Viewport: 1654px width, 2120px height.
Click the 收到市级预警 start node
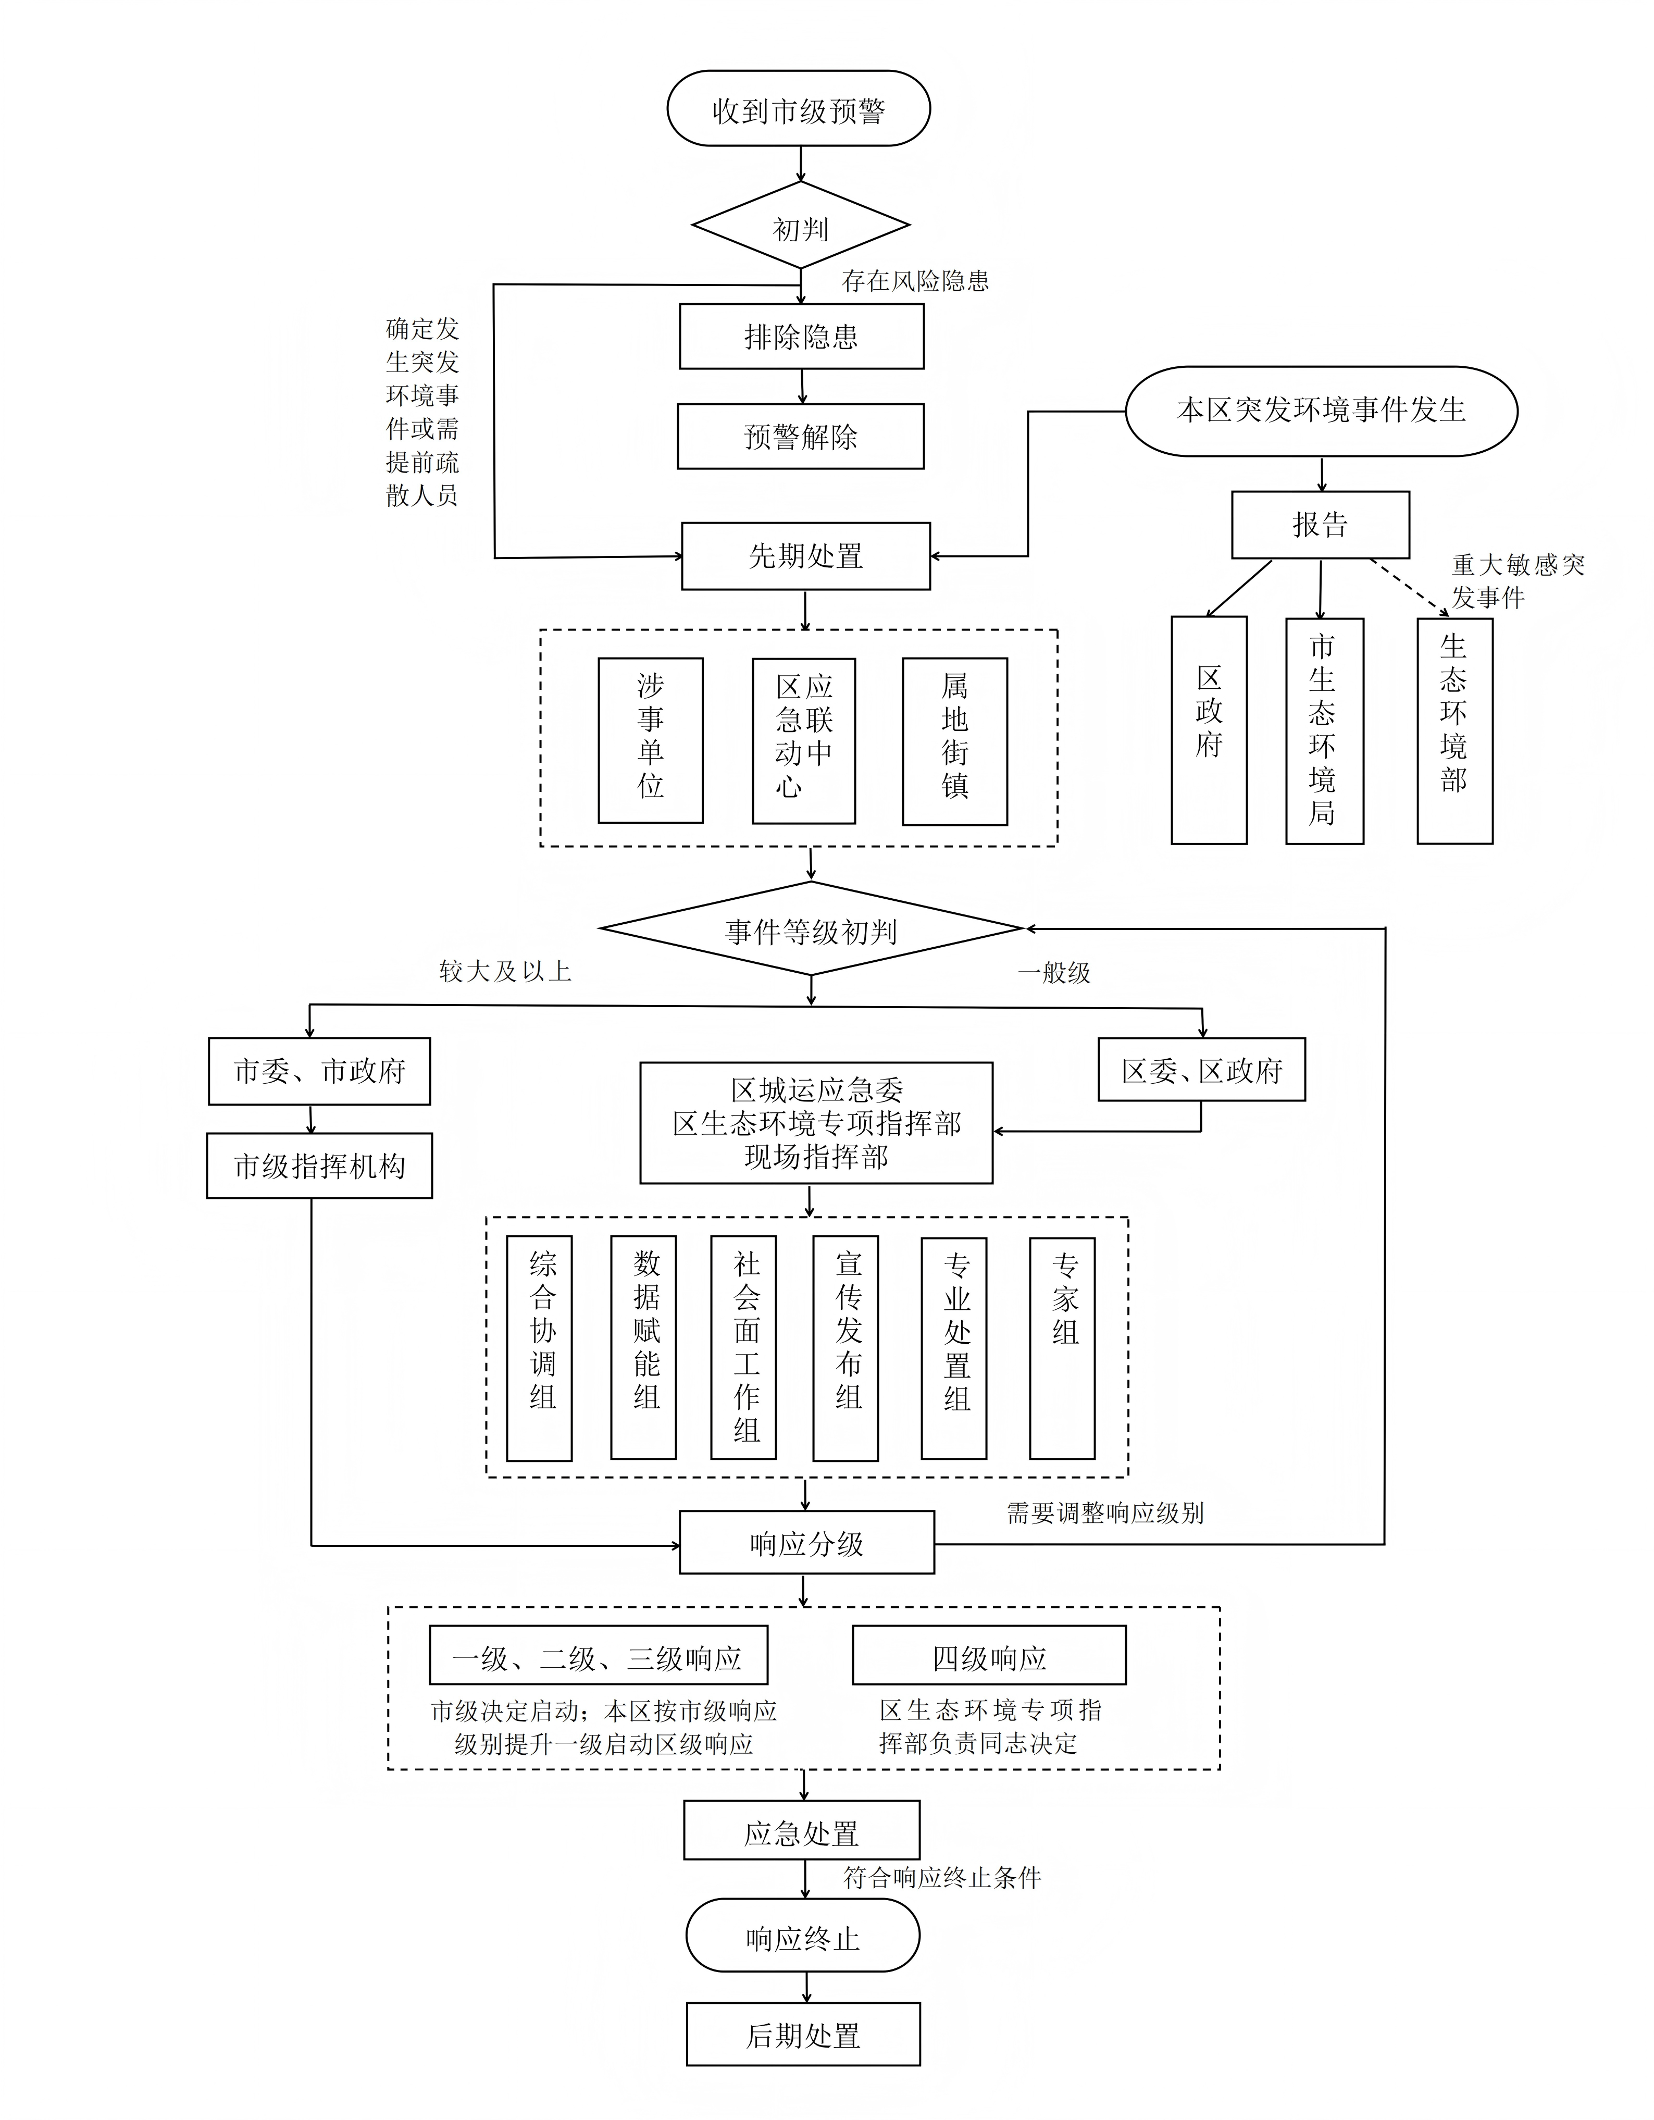tap(798, 109)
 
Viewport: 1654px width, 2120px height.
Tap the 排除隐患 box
tap(801, 336)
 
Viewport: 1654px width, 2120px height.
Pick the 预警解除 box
tap(801, 436)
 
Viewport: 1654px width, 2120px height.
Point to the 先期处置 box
tap(806, 556)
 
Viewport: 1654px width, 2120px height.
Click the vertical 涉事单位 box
tap(650, 741)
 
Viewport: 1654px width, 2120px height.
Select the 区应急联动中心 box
tap(804, 741)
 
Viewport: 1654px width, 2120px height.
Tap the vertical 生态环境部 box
tap(1454, 731)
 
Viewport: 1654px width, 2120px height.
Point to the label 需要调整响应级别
tap(1104, 1512)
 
